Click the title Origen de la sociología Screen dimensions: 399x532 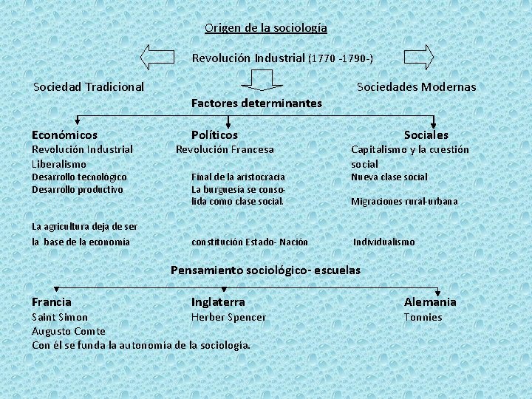pyautogui.click(x=266, y=28)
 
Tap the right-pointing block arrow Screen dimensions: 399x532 pyautogui.click(x=418, y=58)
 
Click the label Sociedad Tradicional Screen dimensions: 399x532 pyautogui.click(x=89, y=86)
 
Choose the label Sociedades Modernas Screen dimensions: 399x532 pyautogui.click(x=416, y=86)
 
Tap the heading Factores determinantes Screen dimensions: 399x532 pyautogui.click(x=256, y=103)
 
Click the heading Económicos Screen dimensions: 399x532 pyautogui.click(x=64, y=135)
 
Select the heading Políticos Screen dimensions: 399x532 pyautogui.click(x=214, y=135)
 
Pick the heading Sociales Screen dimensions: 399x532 pyautogui.click(x=426, y=135)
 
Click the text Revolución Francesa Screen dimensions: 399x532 pyautogui.click(x=225, y=149)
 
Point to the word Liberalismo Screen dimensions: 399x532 pyautogui.click(x=59, y=164)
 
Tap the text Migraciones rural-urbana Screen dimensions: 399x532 pyautogui.click(x=404, y=201)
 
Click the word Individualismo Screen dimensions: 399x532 pyautogui.click(x=383, y=242)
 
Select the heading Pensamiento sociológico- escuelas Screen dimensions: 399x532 pyautogui.click(x=265, y=270)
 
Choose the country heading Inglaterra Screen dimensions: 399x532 pyautogui.click(x=218, y=302)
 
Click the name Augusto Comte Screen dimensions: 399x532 pyautogui.click(x=68, y=331)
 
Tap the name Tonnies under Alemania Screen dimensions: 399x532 pyautogui.click(x=423, y=317)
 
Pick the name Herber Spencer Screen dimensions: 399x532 pyautogui.click(x=228, y=317)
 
